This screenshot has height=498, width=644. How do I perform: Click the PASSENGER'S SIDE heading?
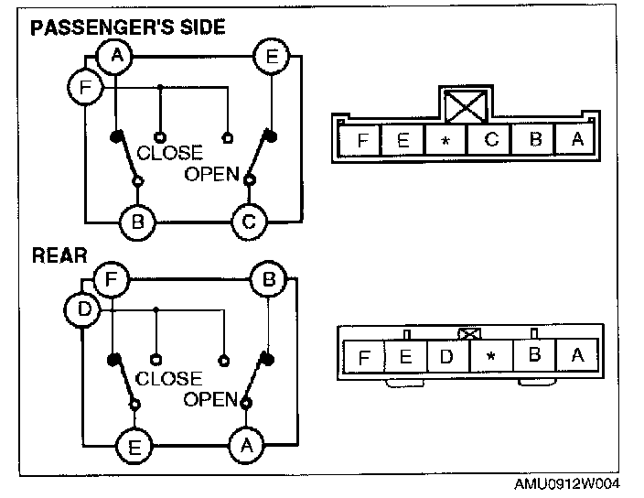click(x=128, y=27)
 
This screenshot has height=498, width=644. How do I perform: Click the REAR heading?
click(x=59, y=254)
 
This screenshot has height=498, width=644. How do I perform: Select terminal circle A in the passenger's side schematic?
click(x=116, y=57)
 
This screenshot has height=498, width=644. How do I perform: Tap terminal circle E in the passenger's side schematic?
click(x=271, y=57)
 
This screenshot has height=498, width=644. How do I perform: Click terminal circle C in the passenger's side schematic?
click(x=248, y=221)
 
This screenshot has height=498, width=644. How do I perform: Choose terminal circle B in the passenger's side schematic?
click(x=138, y=221)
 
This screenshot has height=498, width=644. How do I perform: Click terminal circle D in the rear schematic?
click(x=82, y=309)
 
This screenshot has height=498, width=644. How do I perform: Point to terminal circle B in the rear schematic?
click(x=268, y=278)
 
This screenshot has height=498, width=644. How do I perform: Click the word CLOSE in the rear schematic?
click(x=168, y=378)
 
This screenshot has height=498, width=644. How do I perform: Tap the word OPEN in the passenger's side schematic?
click(x=211, y=174)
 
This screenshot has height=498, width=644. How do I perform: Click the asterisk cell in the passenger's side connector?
click(x=445, y=141)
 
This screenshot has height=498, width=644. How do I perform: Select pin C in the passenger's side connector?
click(x=491, y=141)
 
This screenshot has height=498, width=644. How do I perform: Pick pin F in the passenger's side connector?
click(x=363, y=141)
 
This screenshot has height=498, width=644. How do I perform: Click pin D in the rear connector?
click(x=446, y=355)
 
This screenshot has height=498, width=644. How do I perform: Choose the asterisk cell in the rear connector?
click(x=490, y=356)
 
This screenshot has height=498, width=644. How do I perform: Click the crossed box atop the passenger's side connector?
click(x=468, y=106)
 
